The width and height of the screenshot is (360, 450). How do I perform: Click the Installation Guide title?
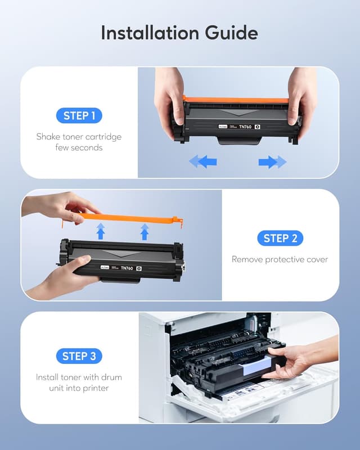[x=179, y=33]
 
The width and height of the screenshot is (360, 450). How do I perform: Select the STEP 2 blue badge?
[x=280, y=238]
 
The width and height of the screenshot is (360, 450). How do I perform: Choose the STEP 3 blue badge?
[x=79, y=356]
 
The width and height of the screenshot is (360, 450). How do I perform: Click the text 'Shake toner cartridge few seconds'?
[x=79, y=142]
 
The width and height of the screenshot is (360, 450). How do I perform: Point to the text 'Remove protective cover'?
[x=280, y=259]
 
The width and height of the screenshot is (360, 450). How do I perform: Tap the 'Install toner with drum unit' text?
[x=79, y=382]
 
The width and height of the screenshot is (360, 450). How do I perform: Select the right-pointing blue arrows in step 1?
[x=272, y=162]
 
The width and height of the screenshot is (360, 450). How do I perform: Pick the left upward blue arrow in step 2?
[x=101, y=231]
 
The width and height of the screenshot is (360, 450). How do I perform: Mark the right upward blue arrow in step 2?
[x=145, y=231]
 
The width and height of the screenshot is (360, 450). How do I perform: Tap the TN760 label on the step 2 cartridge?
[x=128, y=269]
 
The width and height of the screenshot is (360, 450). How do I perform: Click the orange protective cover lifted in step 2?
[x=129, y=218]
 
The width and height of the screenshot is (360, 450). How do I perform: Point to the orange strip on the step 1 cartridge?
[x=236, y=100]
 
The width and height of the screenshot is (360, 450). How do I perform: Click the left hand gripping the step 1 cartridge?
[x=169, y=93]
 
